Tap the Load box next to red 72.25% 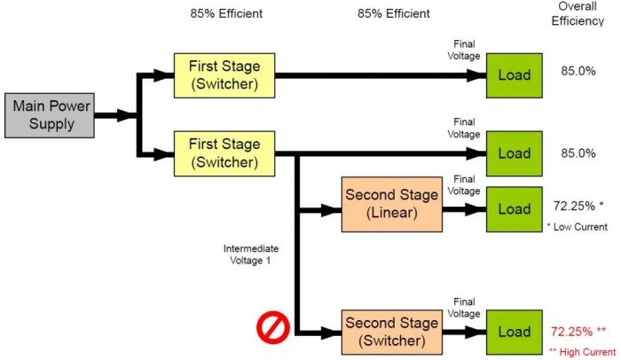click(514, 332)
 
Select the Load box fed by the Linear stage click(514, 209)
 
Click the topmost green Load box click(514, 75)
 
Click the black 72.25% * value click(578, 207)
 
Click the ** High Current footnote click(582, 352)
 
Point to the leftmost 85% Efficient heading click(226, 13)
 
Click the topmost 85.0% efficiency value click(578, 75)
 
